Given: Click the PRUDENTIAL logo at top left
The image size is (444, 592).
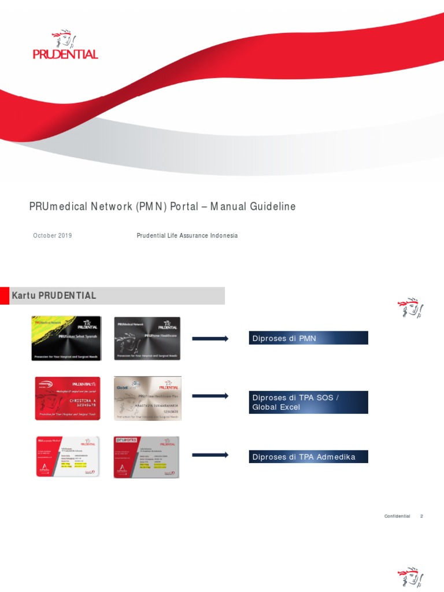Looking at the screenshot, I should click(x=65, y=46).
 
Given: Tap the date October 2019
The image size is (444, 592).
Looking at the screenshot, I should click(x=53, y=236).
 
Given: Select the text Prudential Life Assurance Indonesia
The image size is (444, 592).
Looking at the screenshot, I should click(x=187, y=236).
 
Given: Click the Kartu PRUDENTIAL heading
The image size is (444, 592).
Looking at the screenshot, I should click(x=54, y=295).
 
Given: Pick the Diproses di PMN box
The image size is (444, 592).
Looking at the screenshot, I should click(x=308, y=338).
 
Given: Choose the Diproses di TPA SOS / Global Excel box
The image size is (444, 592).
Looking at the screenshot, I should click(x=308, y=402).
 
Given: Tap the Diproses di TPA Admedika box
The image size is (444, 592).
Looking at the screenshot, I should click(x=308, y=457).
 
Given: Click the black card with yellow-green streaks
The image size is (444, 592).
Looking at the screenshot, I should click(x=66, y=338).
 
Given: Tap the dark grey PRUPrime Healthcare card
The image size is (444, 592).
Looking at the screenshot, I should click(x=147, y=338).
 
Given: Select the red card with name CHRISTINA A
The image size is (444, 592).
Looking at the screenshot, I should click(x=68, y=398).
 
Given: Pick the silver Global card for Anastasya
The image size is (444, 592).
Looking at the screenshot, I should click(x=147, y=398).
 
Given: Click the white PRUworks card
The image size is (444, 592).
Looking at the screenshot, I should click(x=146, y=457).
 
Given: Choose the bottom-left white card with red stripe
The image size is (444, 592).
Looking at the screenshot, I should click(x=67, y=457).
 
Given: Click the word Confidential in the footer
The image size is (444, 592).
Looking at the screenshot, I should click(x=397, y=516).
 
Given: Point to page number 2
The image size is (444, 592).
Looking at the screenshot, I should click(x=421, y=516).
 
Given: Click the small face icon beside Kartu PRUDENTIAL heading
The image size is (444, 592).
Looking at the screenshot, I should click(x=410, y=309).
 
